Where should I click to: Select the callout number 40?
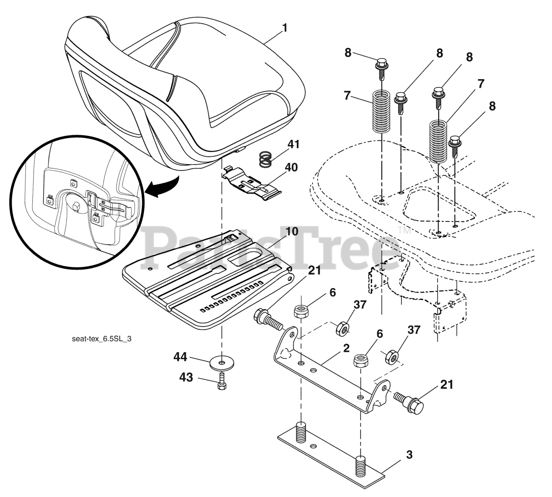pos(292,168)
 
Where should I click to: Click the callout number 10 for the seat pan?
pos(292,232)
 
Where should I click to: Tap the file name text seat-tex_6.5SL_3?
pos(102,339)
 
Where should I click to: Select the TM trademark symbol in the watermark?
pos(404,231)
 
